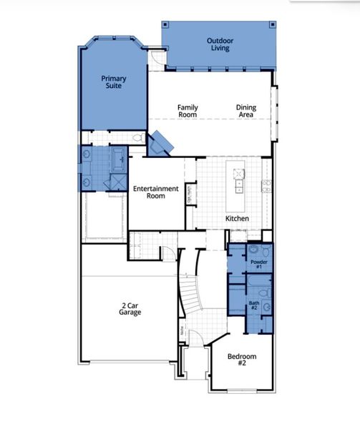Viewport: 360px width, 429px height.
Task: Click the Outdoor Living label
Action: [x=220, y=45]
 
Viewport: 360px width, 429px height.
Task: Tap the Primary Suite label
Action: [x=112, y=82]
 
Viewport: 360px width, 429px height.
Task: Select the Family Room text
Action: [x=188, y=112]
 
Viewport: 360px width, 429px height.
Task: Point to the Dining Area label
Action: [x=246, y=112]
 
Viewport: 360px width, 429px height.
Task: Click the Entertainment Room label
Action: [x=155, y=192]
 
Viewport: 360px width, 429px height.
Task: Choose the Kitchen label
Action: [x=237, y=217]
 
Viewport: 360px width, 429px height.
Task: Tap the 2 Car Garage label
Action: [x=130, y=309]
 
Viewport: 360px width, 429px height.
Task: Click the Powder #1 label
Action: [x=258, y=265]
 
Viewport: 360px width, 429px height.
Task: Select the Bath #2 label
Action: [x=255, y=305]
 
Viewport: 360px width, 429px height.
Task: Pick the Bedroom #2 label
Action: [x=242, y=360]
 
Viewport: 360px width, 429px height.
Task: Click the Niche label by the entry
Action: [x=183, y=331]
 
